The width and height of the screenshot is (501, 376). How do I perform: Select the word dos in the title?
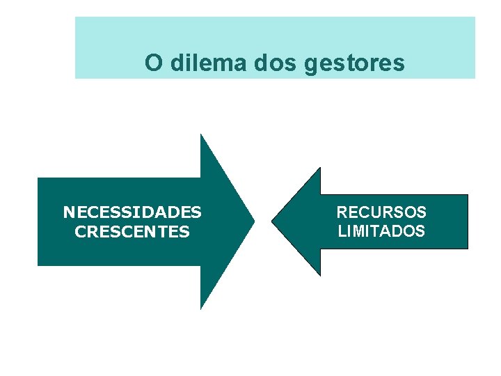268,63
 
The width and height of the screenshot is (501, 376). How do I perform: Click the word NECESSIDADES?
132,212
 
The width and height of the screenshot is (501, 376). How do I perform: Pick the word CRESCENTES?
132,232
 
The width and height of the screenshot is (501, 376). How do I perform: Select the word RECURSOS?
381,212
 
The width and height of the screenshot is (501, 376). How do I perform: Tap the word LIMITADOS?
381,231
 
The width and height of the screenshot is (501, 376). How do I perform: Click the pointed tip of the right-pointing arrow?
253,221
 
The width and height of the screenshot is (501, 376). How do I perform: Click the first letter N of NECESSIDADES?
67,212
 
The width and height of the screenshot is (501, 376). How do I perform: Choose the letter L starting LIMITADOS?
341,231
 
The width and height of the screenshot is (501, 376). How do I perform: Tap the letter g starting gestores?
311,65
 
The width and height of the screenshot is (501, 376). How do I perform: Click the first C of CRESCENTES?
80,232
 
